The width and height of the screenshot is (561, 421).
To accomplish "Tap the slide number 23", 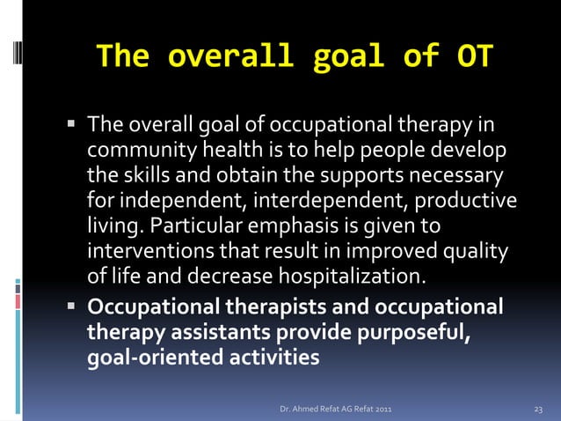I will [x=540, y=409].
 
